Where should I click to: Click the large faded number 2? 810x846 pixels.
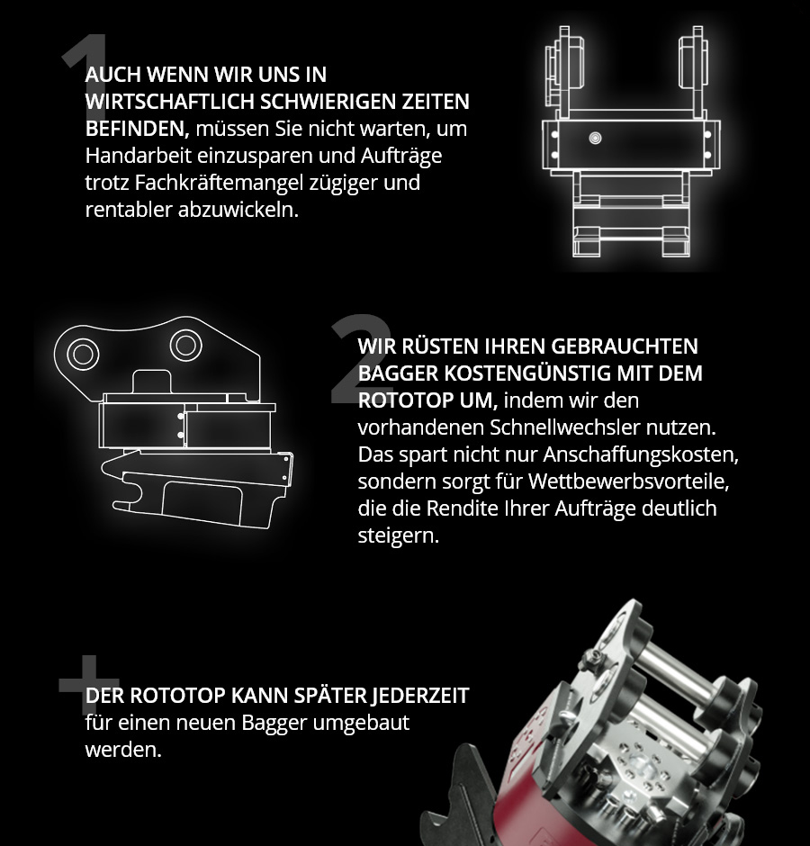(x=361, y=358)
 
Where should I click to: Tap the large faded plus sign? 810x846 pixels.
(x=88, y=685)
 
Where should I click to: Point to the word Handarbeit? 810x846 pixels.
(x=138, y=156)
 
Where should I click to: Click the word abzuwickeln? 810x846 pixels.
(x=238, y=210)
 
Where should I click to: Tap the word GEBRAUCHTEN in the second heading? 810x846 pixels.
(x=625, y=346)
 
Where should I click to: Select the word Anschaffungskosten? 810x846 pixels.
(x=641, y=454)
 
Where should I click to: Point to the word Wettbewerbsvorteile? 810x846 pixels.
(x=629, y=481)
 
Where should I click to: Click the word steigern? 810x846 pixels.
(x=399, y=535)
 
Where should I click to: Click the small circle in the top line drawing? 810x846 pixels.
(x=595, y=138)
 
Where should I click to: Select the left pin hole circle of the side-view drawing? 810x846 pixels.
(x=83, y=354)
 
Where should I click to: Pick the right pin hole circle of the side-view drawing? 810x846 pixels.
(x=185, y=346)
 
